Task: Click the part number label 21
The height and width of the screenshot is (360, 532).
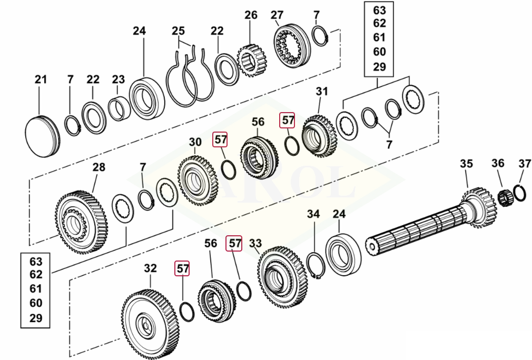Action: [x=41, y=79]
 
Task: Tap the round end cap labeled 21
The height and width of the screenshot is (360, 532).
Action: [x=43, y=136]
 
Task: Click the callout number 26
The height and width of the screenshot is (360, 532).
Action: [x=251, y=15]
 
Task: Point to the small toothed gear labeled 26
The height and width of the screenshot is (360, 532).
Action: [x=252, y=61]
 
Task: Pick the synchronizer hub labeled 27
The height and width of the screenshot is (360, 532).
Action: [x=292, y=46]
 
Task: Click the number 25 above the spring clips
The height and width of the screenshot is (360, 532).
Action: [x=178, y=31]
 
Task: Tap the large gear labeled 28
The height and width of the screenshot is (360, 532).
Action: [x=82, y=222]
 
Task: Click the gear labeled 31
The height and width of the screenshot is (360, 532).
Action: [x=319, y=136]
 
